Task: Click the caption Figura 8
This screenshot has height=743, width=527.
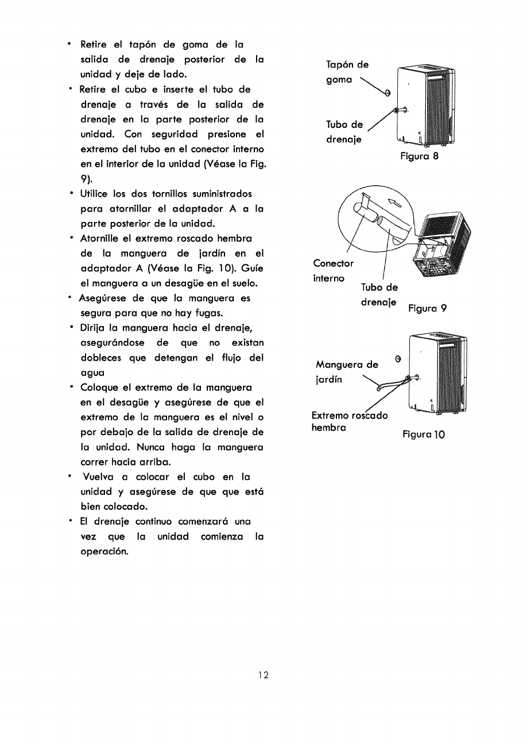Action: click(419, 156)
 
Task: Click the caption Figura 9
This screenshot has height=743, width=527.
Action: click(427, 308)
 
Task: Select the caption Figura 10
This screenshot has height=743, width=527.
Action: click(423, 434)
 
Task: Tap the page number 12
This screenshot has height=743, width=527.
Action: click(263, 675)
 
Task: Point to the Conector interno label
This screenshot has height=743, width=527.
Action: click(333, 271)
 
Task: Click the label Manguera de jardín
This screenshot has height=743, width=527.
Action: click(347, 372)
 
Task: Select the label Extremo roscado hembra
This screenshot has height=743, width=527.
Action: click(349, 421)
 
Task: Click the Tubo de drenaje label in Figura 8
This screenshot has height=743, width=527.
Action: click(344, 132)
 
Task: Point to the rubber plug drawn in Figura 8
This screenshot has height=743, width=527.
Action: click(387, 93)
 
